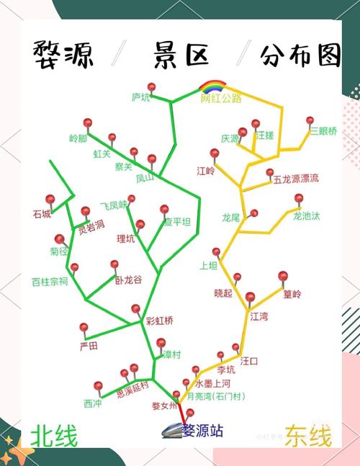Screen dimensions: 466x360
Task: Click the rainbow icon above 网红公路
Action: tap(213, 86)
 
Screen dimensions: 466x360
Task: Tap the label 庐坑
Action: tap(140, 97)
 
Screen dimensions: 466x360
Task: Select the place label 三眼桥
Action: tap(323, 131)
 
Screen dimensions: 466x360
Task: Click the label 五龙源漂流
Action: tap(295, 178)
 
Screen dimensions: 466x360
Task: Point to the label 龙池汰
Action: tap(306, 215)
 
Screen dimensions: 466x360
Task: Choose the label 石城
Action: tap(42, 214)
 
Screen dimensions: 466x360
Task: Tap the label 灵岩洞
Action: tap(91, 224)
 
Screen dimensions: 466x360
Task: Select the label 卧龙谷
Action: tap(128, 279)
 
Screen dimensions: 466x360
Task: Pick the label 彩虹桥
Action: tap(160, 321)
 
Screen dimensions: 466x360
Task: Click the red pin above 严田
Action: tap(84, 328)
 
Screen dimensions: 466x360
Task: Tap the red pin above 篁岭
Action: tap(283, 276)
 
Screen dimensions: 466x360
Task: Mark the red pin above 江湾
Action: tap(250, 297)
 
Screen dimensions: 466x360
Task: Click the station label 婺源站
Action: tap(202, 431)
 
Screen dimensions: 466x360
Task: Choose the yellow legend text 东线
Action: tap(308, 436)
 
